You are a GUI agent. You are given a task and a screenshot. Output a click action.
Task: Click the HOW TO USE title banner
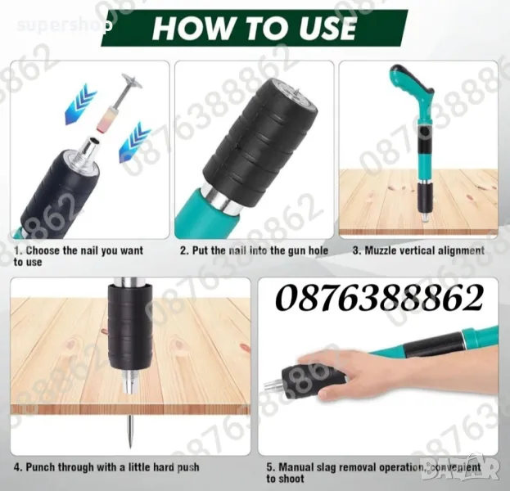pos(255,28)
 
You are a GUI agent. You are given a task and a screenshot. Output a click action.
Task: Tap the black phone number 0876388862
pos(379,298)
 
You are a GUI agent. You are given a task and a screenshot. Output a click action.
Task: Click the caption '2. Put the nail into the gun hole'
pos(255,250)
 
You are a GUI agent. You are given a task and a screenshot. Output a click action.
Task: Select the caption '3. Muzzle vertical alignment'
pos(418,250)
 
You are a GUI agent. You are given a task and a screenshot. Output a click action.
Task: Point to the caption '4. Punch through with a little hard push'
pos(106,467)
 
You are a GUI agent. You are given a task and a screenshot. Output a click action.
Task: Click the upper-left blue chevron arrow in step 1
pos(80,103)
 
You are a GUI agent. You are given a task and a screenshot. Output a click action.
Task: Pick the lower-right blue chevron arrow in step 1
pos(134,142)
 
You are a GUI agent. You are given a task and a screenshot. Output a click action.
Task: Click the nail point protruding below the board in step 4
pos(130,430)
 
